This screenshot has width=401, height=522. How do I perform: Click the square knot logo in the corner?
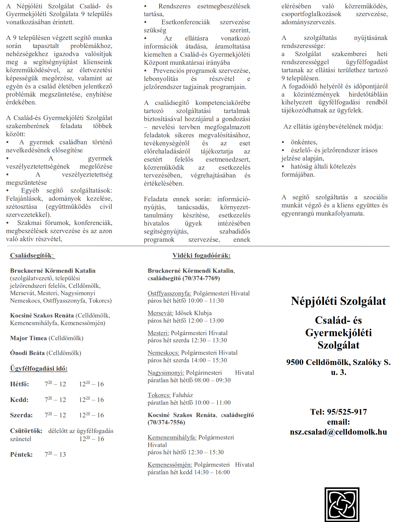(342, 504)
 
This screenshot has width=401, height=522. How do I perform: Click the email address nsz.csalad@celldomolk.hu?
(338, 432)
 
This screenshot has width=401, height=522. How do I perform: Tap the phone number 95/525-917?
(347, 412)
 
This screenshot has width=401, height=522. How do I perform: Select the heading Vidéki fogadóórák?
(201, 255)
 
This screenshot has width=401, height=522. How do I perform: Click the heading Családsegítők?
(32, 255)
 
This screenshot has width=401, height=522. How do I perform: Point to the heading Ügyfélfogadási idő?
(39, 368)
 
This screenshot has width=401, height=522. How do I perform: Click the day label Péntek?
(21, 454)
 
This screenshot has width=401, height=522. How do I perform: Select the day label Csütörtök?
(26, 431)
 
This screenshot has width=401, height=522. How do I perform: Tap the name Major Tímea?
(28, 338)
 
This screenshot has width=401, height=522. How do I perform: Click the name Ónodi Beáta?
(27, 353)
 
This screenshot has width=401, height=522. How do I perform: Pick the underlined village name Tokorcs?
(159, 395)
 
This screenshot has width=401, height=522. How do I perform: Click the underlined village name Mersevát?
(160, 313)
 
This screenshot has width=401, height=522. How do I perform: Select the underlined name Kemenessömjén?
(170, 465)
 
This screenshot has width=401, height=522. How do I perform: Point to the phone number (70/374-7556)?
(166, 422)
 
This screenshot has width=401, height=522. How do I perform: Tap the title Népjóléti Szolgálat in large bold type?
(338, 301)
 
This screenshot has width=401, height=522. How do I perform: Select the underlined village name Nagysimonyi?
(166, 373)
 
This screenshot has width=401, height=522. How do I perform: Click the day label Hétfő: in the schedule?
(19, 384)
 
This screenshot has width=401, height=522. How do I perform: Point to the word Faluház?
(183, 395)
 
